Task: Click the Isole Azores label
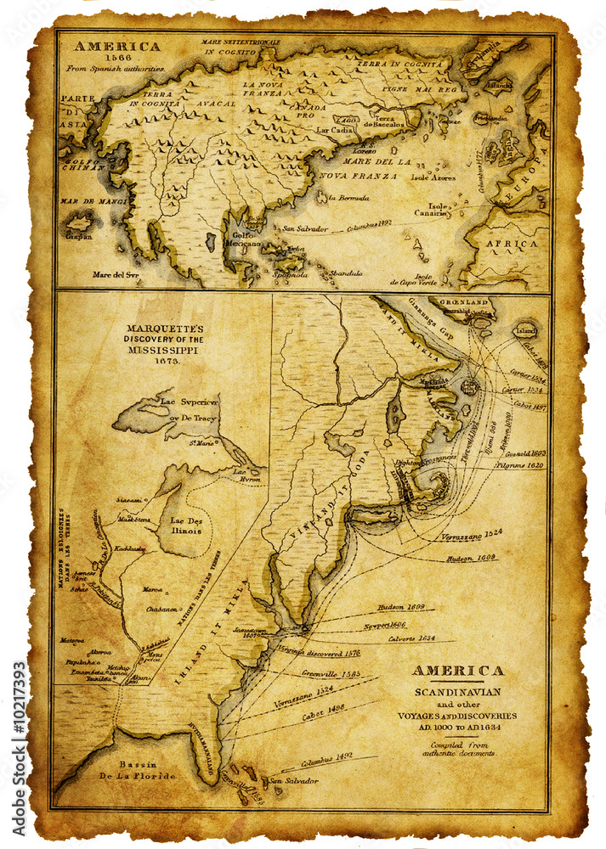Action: click(433, 177)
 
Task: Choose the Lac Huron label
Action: click(244, 474)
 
